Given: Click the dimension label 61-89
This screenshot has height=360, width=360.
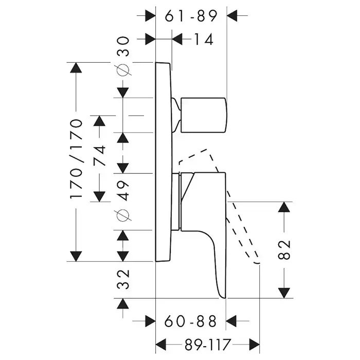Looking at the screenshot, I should [191, 16].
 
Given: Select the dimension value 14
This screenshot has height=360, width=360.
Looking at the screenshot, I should [204, 39].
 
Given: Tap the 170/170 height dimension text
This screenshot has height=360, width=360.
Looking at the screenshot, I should [76, 159].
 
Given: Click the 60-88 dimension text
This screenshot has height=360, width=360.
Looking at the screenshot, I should [191, 321].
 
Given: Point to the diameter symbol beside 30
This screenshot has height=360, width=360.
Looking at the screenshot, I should [123, 69].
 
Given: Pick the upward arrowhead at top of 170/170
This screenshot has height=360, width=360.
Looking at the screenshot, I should [76, 70].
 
